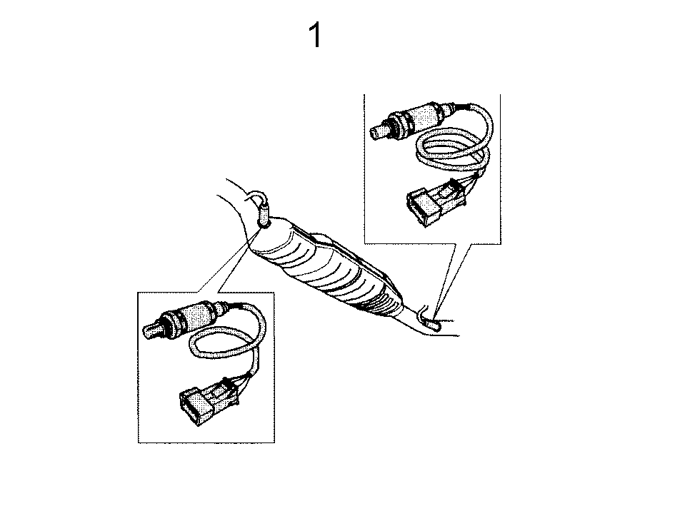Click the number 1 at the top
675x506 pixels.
coord(316,35)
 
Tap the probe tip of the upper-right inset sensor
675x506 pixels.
coord(378,131)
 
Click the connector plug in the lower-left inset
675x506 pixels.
coord(209,401)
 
